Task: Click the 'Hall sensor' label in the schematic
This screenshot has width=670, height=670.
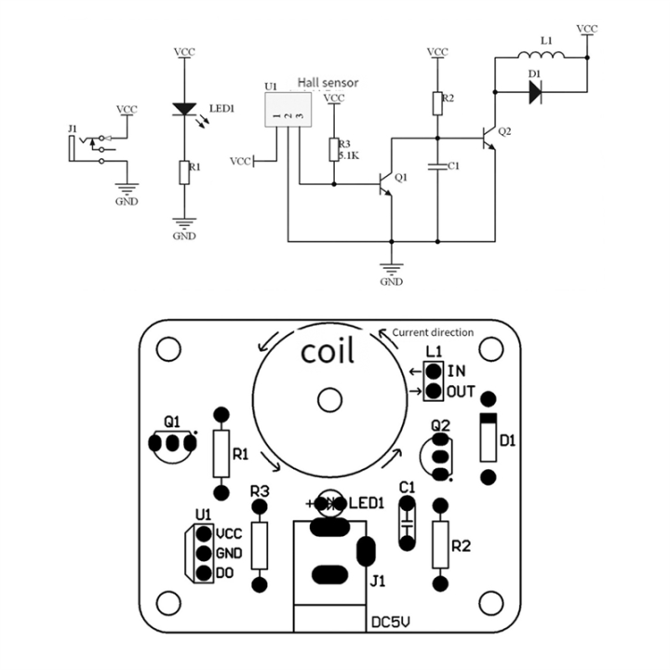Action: [328, 83]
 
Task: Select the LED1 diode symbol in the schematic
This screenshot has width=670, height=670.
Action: [184, 110]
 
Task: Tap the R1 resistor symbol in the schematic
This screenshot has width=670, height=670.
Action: [184, 171]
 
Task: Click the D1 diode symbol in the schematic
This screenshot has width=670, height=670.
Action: [536, 91]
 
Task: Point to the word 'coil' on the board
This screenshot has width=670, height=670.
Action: [328, 354]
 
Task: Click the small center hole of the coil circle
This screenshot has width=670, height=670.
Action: [328, 400]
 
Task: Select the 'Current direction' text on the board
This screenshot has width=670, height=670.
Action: [433, 332]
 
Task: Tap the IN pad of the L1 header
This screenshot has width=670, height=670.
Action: [433, 371]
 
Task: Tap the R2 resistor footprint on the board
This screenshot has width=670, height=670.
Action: [441, 546]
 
